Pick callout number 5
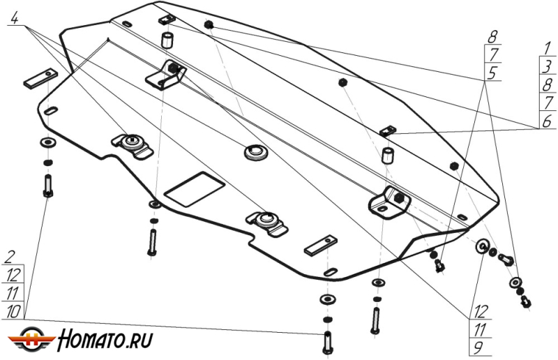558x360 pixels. (493, 72)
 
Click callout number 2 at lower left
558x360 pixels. (11, 256)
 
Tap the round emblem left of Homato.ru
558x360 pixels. (32, 338)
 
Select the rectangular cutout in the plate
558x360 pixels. (193, 187)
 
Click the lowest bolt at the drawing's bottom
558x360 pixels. (327, 341)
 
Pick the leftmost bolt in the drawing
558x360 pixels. (48, 185)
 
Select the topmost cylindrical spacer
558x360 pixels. (167, 39)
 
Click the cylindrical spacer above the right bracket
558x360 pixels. (389, 154)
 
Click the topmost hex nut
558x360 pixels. (208, 25)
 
